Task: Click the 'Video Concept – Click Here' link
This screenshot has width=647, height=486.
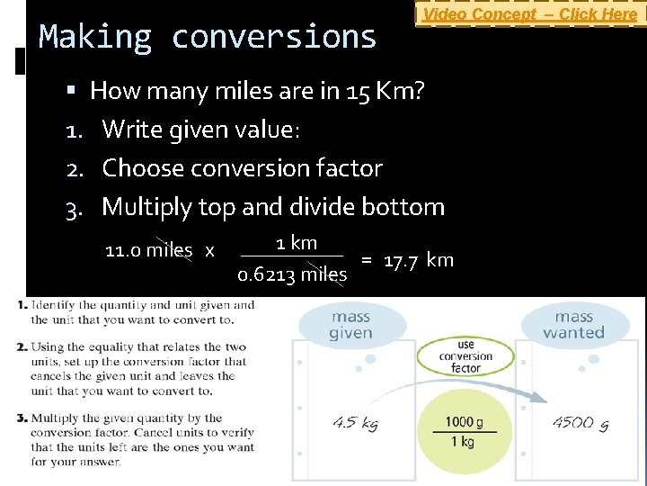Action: (x=529, y=14)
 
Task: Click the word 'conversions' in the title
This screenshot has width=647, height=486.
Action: (x=274, y=37)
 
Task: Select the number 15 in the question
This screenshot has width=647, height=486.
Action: (x=359, y=91)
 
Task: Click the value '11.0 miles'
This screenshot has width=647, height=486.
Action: (x=148, y=250)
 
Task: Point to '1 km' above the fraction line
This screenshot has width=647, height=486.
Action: (x=296, y=243)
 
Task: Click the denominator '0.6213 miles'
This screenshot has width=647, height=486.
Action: (x=292, y=274)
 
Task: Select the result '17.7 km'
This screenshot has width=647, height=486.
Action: (x=418, y=261)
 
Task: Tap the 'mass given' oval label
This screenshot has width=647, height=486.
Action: (x=350, y=325)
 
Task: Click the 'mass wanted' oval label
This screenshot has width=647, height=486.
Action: (x=574, y=325)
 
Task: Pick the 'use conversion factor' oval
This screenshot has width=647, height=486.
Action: (x=465, y=356)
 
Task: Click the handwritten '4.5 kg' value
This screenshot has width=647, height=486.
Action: (x=355, y=423)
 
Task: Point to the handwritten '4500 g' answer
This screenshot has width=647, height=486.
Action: (x=581, y=422)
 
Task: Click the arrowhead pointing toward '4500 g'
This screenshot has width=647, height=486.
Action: (x=541, y=397)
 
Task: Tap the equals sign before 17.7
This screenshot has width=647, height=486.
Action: (x=367, y=261)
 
